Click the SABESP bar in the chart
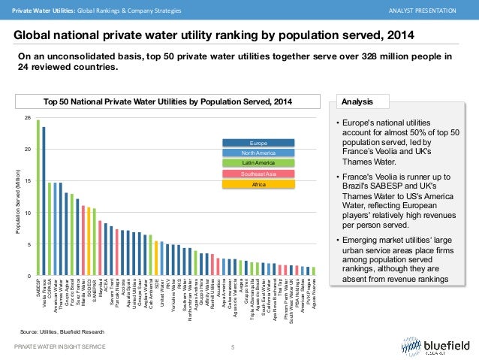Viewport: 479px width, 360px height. (x=38, y=198)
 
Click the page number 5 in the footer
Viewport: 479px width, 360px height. (x=233, y=346)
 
